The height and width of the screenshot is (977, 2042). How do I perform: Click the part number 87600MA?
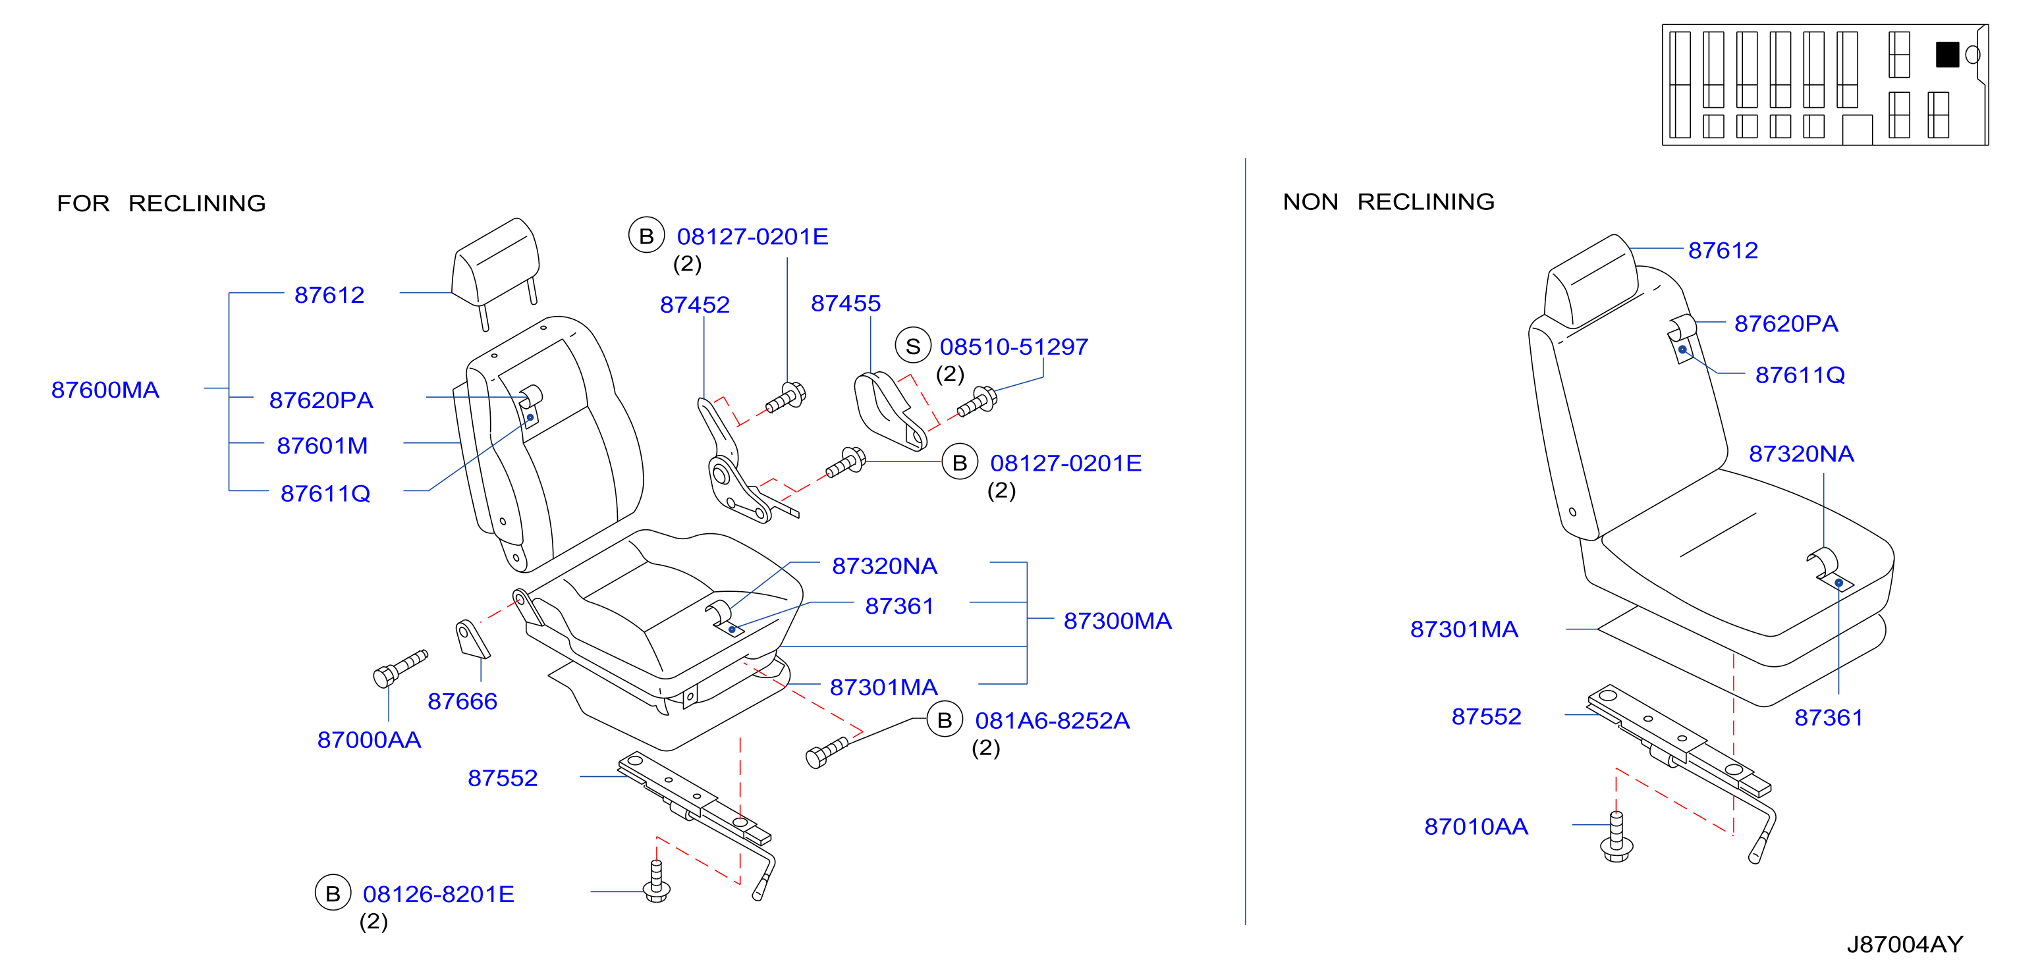click(x=105, y=390)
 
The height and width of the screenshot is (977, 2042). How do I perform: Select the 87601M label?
click(x=323, y=446)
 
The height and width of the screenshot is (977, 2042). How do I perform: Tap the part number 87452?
click(x=695, y=305)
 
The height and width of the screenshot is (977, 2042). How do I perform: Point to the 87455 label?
click(x=846, y=304)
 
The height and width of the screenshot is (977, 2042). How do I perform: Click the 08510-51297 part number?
click(x=1014, y=347)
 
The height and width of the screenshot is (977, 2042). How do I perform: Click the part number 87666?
click(x=463, y=701)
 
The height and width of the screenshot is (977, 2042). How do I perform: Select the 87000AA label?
click(x=370, y=740)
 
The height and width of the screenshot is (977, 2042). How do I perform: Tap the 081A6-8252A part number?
click(x=1053, y=721)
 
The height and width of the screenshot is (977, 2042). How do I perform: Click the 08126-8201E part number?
click(x=438, y=895)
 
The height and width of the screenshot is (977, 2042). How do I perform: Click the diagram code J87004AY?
click(x=1905, y=945)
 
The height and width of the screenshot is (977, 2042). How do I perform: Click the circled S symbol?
click(x=913, y=346)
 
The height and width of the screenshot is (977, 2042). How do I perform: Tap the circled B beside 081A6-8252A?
click(x=945, y=720)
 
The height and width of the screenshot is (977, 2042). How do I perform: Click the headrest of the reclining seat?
click(x=496, y=261)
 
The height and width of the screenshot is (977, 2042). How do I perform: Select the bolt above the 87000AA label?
click(x=400, y=669)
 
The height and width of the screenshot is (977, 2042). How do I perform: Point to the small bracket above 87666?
click(x=472, y=639)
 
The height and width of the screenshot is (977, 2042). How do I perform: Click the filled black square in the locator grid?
click(x=1947, y=55)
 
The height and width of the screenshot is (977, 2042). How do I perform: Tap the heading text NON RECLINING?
click(x=1389, y=202)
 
